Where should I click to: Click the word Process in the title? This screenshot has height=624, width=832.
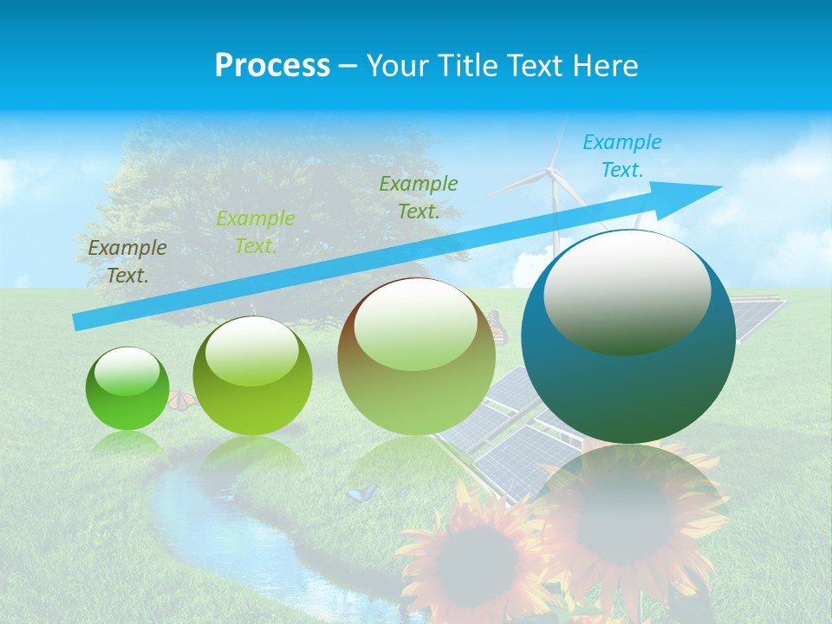(x=272, y=66)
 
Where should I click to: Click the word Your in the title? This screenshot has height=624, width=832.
(x=397, y=66)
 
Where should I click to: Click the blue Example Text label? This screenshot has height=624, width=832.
(x=621, y=156)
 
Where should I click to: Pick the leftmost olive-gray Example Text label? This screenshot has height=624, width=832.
(x=127, y=261)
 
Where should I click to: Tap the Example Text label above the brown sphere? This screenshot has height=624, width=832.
(x=419, y=197)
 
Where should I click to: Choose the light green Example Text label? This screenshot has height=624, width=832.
(x=256, y=231)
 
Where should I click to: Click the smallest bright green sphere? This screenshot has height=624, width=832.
(x=127, y=389)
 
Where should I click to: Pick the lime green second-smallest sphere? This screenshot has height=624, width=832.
(x=252, y=377)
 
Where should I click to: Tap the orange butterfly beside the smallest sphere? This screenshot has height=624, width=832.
(x=181, y=400)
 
